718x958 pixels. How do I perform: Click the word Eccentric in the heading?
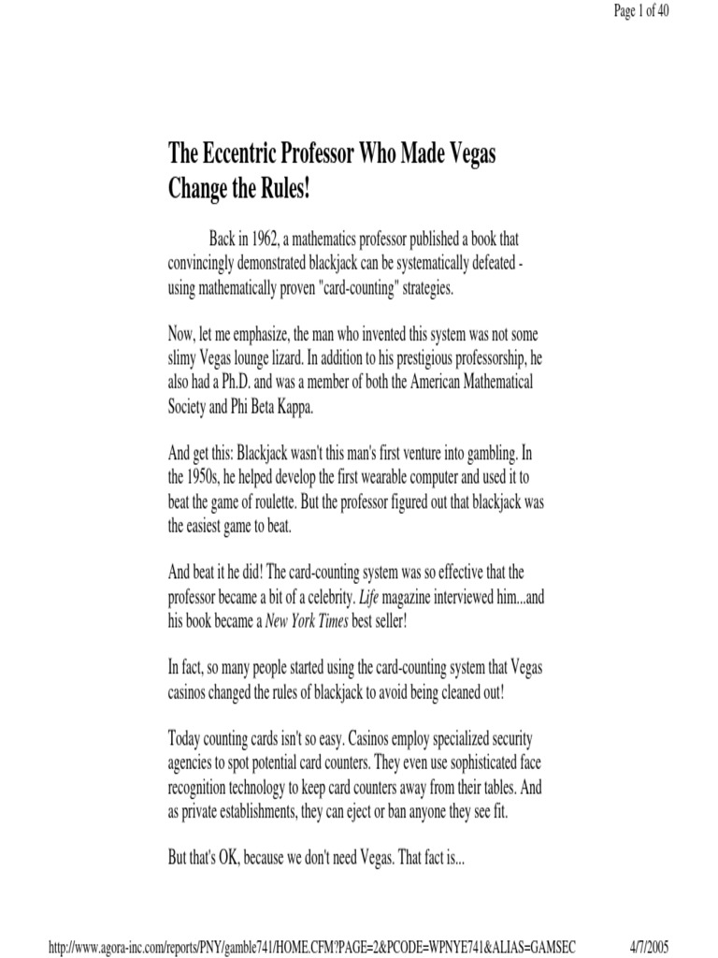click(240, 153)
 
